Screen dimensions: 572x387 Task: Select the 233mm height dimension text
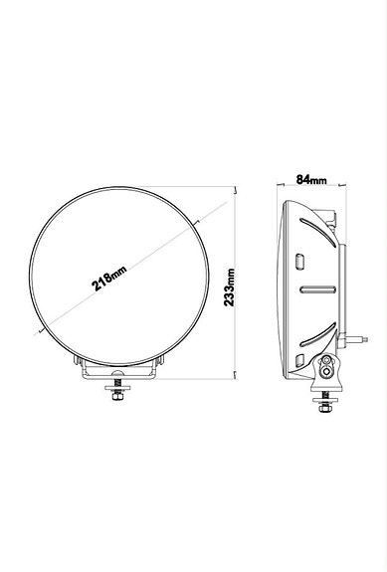230,286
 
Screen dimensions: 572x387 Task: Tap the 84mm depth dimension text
311,180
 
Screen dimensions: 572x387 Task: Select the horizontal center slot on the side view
316,289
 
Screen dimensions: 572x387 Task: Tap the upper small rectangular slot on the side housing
301,261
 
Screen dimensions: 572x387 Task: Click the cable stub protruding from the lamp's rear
357,339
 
